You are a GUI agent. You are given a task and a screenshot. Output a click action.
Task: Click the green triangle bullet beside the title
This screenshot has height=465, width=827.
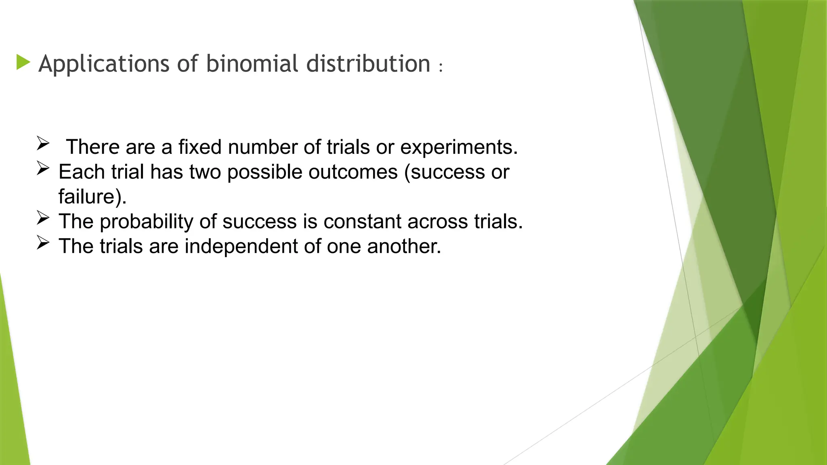point(23,63)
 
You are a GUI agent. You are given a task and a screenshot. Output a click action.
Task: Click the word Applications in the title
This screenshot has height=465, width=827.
point(104,64)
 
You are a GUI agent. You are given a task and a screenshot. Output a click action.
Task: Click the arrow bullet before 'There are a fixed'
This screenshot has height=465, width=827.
point(42,143)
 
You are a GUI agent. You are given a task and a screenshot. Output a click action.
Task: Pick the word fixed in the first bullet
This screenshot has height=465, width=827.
point(200,147)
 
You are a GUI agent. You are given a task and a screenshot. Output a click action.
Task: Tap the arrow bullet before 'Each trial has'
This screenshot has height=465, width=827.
point(42,168)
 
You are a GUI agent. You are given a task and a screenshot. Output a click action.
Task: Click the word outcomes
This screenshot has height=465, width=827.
point(353,172)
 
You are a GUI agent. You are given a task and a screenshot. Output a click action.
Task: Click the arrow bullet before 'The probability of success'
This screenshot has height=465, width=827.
point(42,218)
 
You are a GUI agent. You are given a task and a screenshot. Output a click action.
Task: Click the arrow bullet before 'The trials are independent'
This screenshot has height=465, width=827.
point(42,243)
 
